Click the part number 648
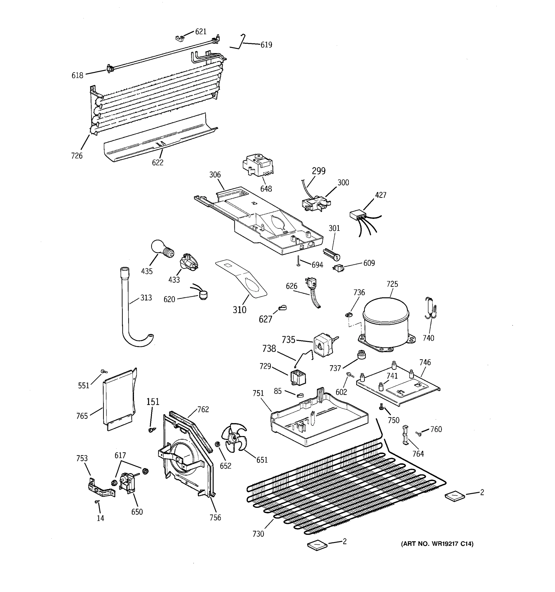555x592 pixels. pyautogui.click(x=266, y=189)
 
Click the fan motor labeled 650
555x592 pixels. pyautogui.click(x=126, y=484)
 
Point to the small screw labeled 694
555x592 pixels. pyautogui.click(x=298, y=261)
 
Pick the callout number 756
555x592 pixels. pyautogui.click(x=215, y=518)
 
